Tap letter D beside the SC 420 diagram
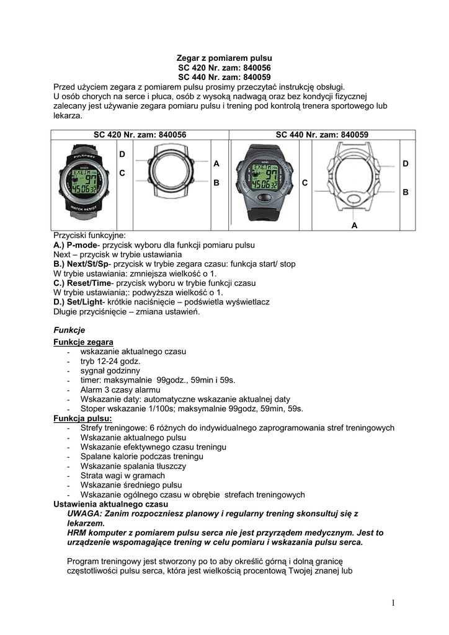coord(122,153)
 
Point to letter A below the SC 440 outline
coord(355,226)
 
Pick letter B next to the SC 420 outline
coord(216,184)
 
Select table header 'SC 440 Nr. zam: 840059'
coord(322,134)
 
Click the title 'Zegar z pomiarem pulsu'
coord(225,58)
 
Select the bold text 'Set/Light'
coord(87,302)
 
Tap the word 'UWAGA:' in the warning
coord(84,513)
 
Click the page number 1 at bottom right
coord(393,602)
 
